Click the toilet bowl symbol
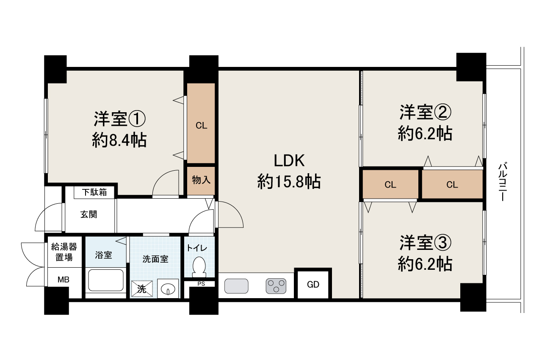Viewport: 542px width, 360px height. pyautogui.click(x=199, y=267)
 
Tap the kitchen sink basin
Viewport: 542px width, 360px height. pyautogui.click(x=236, y=286)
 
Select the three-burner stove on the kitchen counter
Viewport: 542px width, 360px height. pyautogui.click(x=276, y=286)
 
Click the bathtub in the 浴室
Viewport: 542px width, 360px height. pyautogui.click(x=106, y=280)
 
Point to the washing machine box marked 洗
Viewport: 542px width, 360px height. pyautogui.click(x=142, y=288)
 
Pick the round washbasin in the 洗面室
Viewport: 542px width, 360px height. pyautogui.click(x=168, y=288)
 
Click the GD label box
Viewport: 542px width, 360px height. pyautogui.click(x=313, y=285)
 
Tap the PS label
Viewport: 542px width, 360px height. pyautogui.click(x=201, y=284)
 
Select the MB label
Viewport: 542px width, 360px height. pyautogui.click(x=64, y=280)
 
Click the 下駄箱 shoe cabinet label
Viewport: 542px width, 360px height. pyautogui.click(x=94, y=192)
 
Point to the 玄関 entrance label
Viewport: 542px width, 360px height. pyautogui.click(x=89, y=214)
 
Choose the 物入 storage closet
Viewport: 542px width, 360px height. pyautogui.click(x=201, y=180)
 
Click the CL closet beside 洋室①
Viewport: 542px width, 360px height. pyautogui.click(x=201, y=123)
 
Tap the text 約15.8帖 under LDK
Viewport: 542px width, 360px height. pyautogui.click(x=289, y=181)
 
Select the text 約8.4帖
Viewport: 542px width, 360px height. pyautogui.click(x=119, y=140)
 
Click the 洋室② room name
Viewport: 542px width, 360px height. pyautogui.click(x=425, y=113)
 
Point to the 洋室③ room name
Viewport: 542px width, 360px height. pyautogui.click(x=425, y=243)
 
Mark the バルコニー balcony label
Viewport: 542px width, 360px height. pyautogui.click(x=503, y=182)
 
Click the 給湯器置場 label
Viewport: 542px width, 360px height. pyautogui.click(x=64, y=252)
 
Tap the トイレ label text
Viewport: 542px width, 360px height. pyautogui.click(x=197, y=248)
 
